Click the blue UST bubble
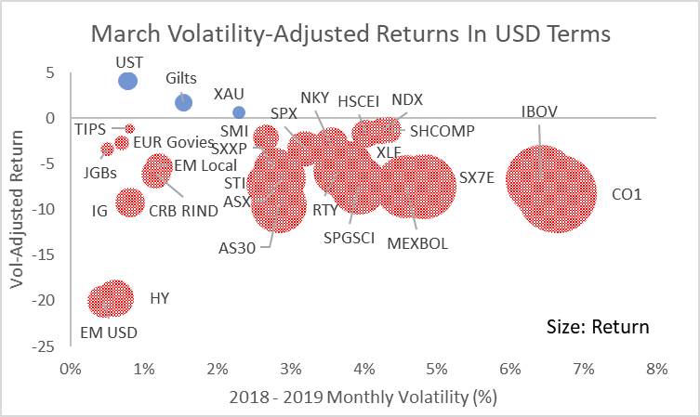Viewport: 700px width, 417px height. click(128, 81)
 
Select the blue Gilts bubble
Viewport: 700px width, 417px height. click(183, 102)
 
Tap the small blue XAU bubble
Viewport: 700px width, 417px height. click(239, 112)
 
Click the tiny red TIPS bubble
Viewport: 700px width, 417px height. click(130, 128)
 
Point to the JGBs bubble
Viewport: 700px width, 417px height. click(108, 149)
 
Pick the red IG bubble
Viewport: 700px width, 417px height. click(131, 202)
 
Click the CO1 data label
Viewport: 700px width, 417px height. click(628, 195)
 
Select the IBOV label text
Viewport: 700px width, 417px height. click(539, 111)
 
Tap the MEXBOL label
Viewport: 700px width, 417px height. click(417, 243)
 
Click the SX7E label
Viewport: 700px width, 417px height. click(477, 176)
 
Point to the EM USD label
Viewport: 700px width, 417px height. click(108, 332)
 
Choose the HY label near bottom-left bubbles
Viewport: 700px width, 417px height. click(160, 299)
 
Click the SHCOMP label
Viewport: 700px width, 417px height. click(442, 131)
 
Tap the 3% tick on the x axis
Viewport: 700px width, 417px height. click(290, 368)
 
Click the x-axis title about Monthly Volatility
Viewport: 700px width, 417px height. click(363, 397)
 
